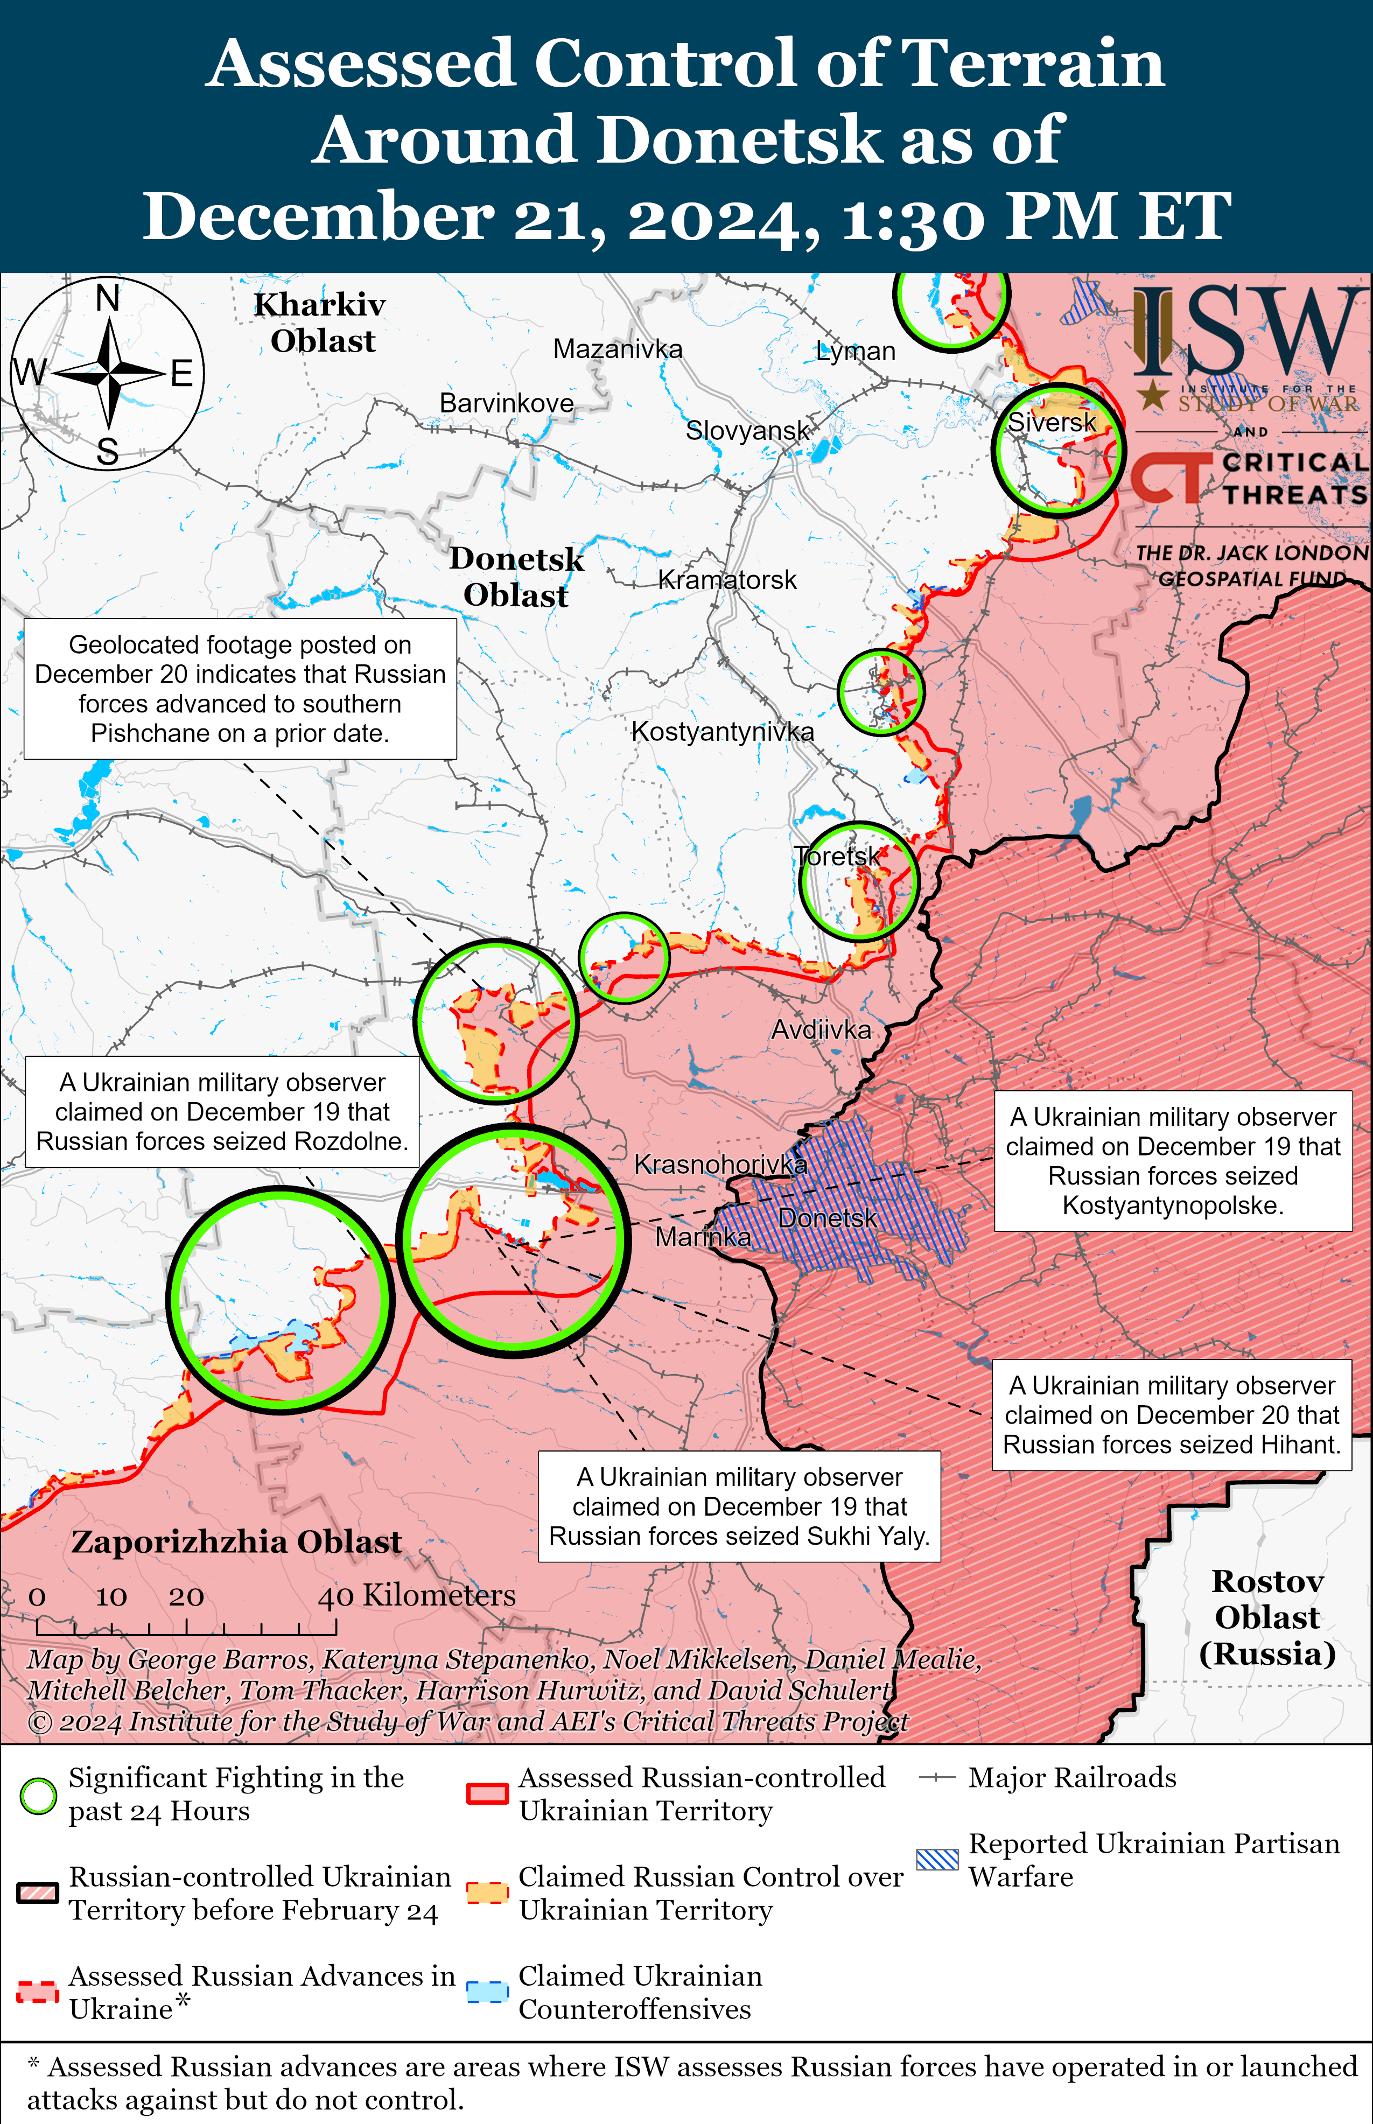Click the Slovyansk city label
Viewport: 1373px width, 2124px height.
[x=747, y=431]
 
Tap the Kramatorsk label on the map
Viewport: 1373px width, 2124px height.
[x=727, y=580]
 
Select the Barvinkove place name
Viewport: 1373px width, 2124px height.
[x=507, y=403]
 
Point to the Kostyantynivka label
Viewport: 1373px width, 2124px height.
[x=722, y=732]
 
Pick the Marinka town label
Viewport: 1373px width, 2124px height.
[x=703, y=1237]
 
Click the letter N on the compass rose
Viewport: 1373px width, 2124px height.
[x=108, y=298]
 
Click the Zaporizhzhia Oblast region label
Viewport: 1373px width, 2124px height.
[x=236, y=1542]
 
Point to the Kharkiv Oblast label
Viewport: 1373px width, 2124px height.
[x=321, y=323]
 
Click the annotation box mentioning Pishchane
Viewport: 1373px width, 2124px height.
[x=240, y=689]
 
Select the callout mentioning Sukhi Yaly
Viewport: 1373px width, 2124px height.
[x=739, y=1506]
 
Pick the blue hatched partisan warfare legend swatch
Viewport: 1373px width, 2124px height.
[x=937, y=1859]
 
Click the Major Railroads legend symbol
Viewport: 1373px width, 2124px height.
[x=937, y=1778]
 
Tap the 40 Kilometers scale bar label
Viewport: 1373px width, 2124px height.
[x=416, y=1595]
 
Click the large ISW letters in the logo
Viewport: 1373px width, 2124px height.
[x=1248, y=330]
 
